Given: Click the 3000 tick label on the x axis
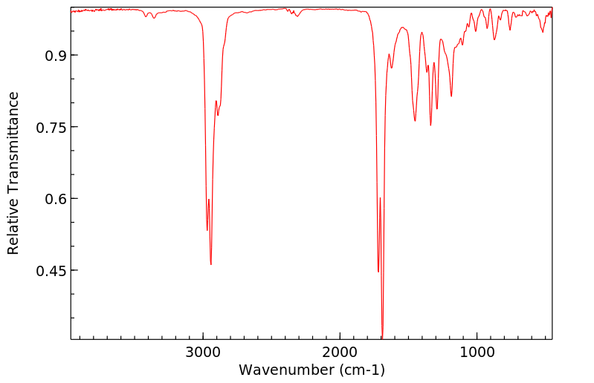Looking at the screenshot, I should [x=203, y=351].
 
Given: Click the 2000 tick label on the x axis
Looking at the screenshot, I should [x=340, y=351].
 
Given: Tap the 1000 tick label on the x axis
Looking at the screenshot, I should [x=477, y=351].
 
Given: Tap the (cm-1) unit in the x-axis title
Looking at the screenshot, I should [x=361, y=369].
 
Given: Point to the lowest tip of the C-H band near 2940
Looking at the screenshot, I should [x=211, y=264].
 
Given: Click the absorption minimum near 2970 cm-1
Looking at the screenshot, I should [x=207, y=230].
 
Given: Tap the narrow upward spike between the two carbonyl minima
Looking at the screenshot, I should [x=380, y=198].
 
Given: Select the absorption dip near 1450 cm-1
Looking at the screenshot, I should [x=415, y=121].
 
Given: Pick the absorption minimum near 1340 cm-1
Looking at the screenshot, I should [x=430, y=125].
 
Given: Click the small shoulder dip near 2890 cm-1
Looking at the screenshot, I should [x=218, y=115].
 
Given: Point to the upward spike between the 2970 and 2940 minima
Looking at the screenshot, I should [x=209, y=200].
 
